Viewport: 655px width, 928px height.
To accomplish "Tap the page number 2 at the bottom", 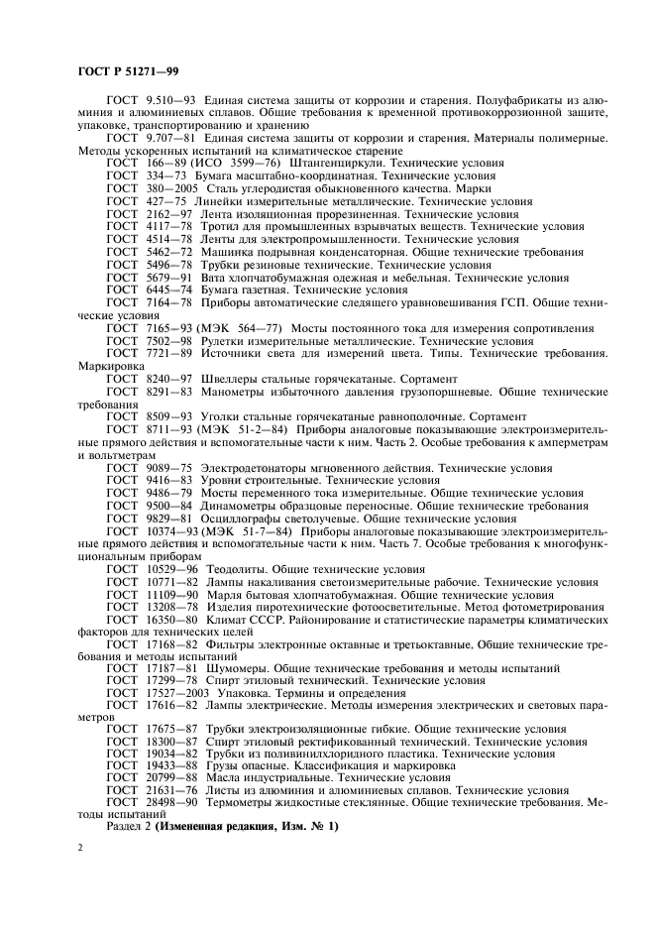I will click(x=81, y=850).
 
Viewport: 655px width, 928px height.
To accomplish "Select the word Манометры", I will click(x=237, y=392).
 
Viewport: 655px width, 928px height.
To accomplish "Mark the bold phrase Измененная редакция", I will click(x=218, y=828).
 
